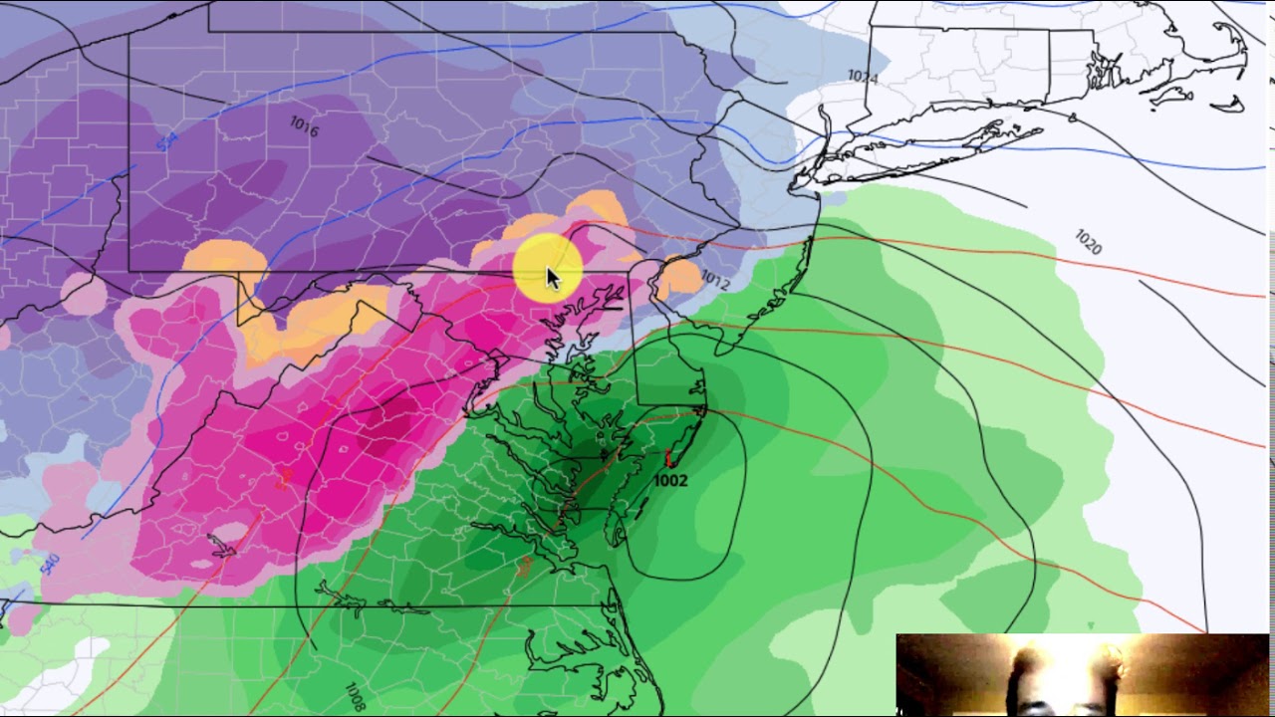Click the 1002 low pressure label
click(670, 481)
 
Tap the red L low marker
click(668, 458)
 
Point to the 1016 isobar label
click(304, 126)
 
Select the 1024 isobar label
click(863, 77)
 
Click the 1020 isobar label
click(1088, 242)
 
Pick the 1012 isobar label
click(715, 282)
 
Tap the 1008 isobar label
click(355, 696)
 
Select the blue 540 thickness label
click(50, 563)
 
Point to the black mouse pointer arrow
click(553, 279)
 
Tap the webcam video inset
click(1083, 674)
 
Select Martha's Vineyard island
click(1172, 97)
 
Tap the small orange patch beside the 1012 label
click(679, 276)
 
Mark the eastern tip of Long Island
click(1070, 118)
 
